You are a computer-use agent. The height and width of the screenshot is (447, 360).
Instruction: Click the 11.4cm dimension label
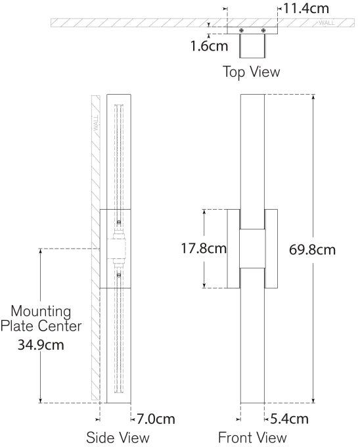[x=306, y=9]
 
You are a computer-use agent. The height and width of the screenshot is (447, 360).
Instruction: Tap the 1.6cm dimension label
[x=209, y=46]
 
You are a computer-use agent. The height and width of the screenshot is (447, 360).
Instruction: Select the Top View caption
[x=251, y=72]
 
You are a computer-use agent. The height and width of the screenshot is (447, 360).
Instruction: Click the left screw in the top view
[x=242, y=30]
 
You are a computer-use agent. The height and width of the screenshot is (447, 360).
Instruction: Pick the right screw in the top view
[x=263, y=30]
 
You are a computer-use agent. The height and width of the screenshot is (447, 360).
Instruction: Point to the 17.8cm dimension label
[x=204, y=248]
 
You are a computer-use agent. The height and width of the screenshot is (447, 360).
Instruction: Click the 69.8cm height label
[x=313, y=250]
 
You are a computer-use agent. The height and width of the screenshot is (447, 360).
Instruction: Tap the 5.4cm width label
[x=289, y=419]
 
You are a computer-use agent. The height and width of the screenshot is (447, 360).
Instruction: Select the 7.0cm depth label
[x=156, y=419]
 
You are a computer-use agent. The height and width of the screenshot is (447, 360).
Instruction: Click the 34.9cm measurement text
[x=41, y=345]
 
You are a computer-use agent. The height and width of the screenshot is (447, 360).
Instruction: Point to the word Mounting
[x=41, y=312]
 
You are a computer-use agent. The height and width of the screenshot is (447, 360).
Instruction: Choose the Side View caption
[x=118, y=438]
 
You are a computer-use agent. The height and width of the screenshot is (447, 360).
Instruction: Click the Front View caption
[x=252, y=438]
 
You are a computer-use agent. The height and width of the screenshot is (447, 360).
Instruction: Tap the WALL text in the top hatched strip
[x=326, y=23]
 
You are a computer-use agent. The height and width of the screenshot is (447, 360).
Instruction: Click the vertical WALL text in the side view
[x=96, y=123]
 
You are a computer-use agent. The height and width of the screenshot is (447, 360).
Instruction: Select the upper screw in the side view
[x=119, y=222]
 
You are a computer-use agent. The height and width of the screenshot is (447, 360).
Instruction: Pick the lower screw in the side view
[x=119, y=275]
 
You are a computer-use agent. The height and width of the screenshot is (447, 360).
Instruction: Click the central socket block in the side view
[x=116, y=248]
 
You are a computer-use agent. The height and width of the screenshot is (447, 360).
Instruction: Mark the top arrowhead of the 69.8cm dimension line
[x=313, y=97]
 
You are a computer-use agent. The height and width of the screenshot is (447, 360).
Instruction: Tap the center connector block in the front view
[x=252, y=248]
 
